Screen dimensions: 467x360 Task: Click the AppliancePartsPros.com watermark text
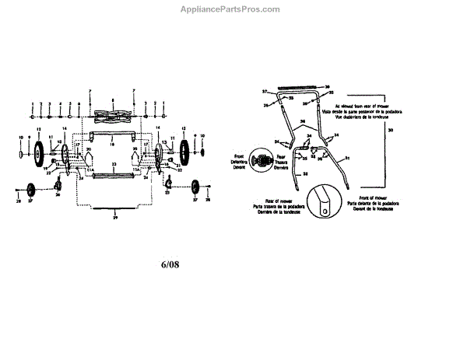233,9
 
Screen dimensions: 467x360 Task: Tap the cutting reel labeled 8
113,119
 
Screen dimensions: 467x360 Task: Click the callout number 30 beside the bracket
390,129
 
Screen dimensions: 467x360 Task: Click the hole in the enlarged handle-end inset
321,207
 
